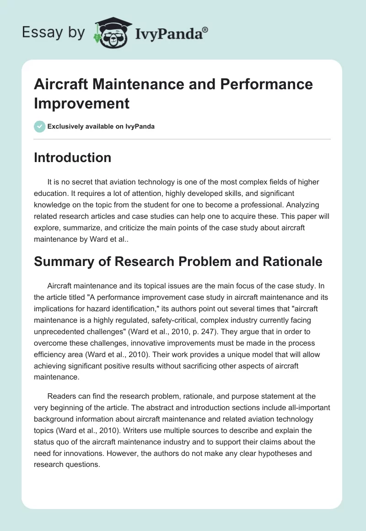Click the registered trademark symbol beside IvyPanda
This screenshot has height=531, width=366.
point(205,30)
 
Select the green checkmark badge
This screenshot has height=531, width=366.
point(39,126)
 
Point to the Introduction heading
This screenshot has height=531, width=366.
point(72,157)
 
